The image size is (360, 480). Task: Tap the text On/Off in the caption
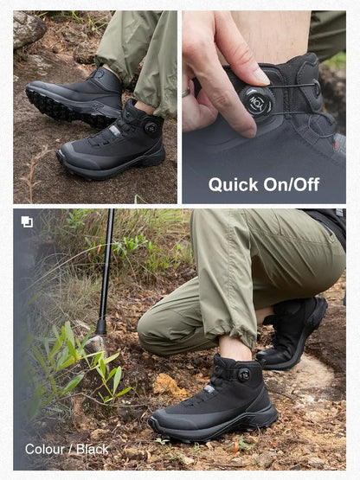292,184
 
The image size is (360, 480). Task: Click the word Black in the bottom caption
93,449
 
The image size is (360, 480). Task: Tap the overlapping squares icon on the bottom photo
27,222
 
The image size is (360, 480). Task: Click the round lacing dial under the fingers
257,102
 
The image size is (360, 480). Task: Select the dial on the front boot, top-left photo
151,127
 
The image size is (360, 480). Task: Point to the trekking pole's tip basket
101,326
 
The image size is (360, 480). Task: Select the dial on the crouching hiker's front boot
243,374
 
